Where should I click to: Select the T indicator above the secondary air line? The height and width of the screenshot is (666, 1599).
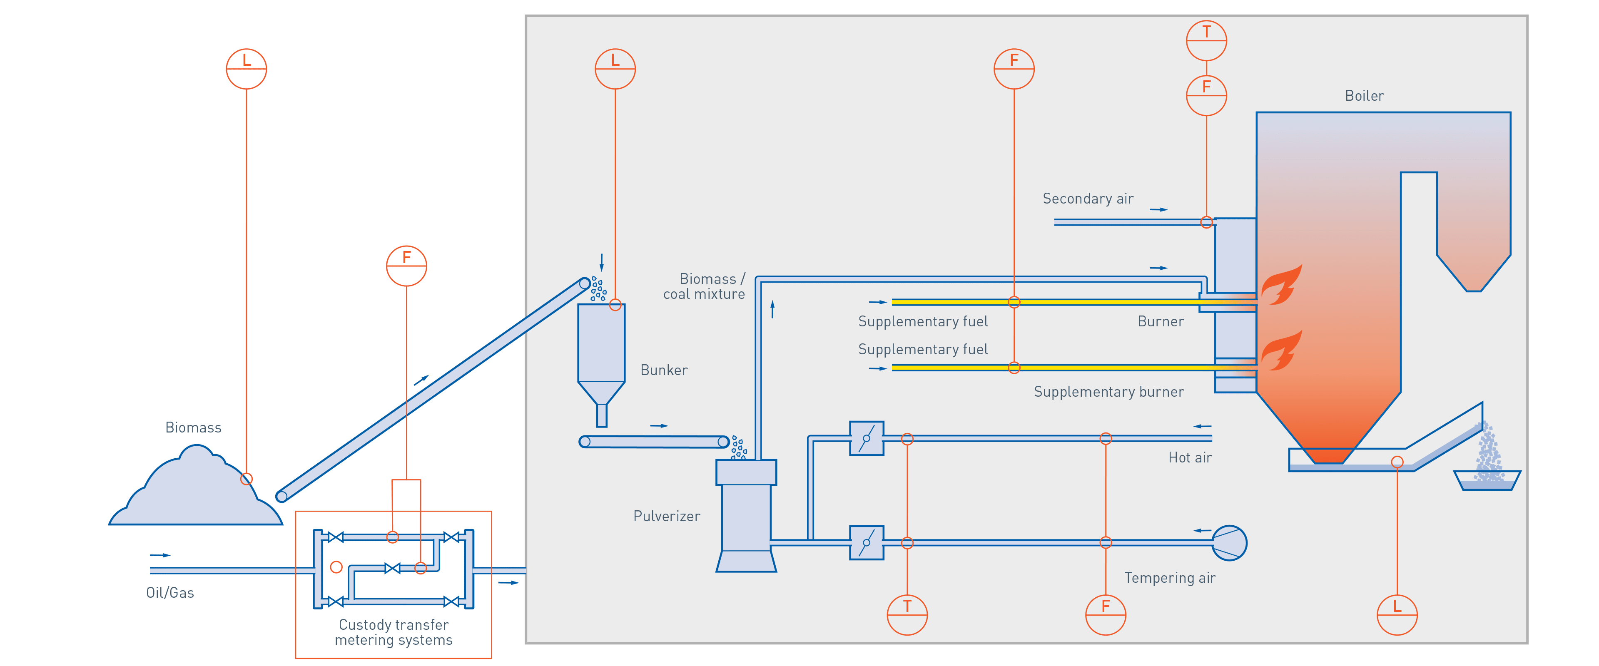[x=1206, y=40]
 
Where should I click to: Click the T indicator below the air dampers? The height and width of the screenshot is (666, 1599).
[x=907, y=614]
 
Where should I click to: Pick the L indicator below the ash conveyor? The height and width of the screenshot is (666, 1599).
[x=1397, y=614]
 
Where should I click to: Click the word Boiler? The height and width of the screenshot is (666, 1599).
[x=1364, y=96]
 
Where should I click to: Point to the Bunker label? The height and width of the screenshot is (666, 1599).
[x=664, y=370]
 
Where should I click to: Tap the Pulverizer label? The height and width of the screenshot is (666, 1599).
[x=666, y=516]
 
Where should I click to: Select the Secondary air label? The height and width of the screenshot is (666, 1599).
[x=1088, y=199]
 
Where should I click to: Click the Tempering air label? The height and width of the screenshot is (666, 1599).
[x=1169, y=578]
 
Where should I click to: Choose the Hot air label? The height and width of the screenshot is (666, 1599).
[x=1189, y=457]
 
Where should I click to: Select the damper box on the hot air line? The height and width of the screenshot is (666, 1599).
[x=867, y=438]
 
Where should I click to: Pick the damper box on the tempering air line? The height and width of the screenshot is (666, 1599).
[x=867, y=542]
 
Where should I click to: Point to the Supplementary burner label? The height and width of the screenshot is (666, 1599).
[x=1108, y=392]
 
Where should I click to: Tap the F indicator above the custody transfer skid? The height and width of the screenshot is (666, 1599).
[x=406, y=266]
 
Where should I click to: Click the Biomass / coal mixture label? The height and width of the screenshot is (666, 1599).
[x=704, y=287]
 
